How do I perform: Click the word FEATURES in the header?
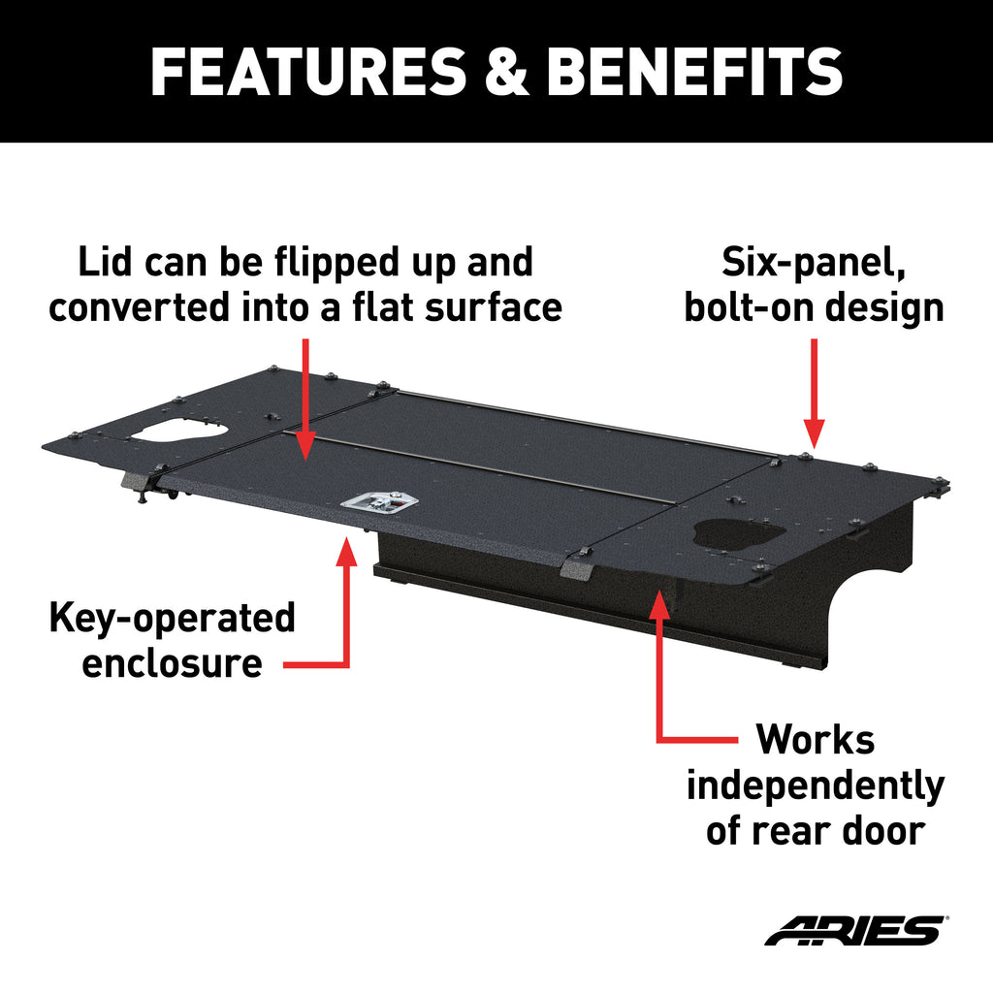(x=307, y=71)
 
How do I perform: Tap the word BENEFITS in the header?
(x=694, y=71)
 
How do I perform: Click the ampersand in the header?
(x=506, y=71)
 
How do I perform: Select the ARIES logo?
(x=856, y=930)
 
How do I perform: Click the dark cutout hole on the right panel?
(x=738, y=534)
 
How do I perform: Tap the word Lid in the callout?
(x=107, y=262)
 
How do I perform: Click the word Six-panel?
(x=814, y=263)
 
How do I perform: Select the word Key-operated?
(x=173, y=618)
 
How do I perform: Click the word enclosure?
(x=173, y=663)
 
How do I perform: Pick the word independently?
(x=816, y=786)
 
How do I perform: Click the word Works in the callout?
(x=815, y=739)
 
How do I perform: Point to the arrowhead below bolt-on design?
(x=814, y=434)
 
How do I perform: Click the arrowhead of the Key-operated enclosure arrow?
(x=346, y=550)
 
